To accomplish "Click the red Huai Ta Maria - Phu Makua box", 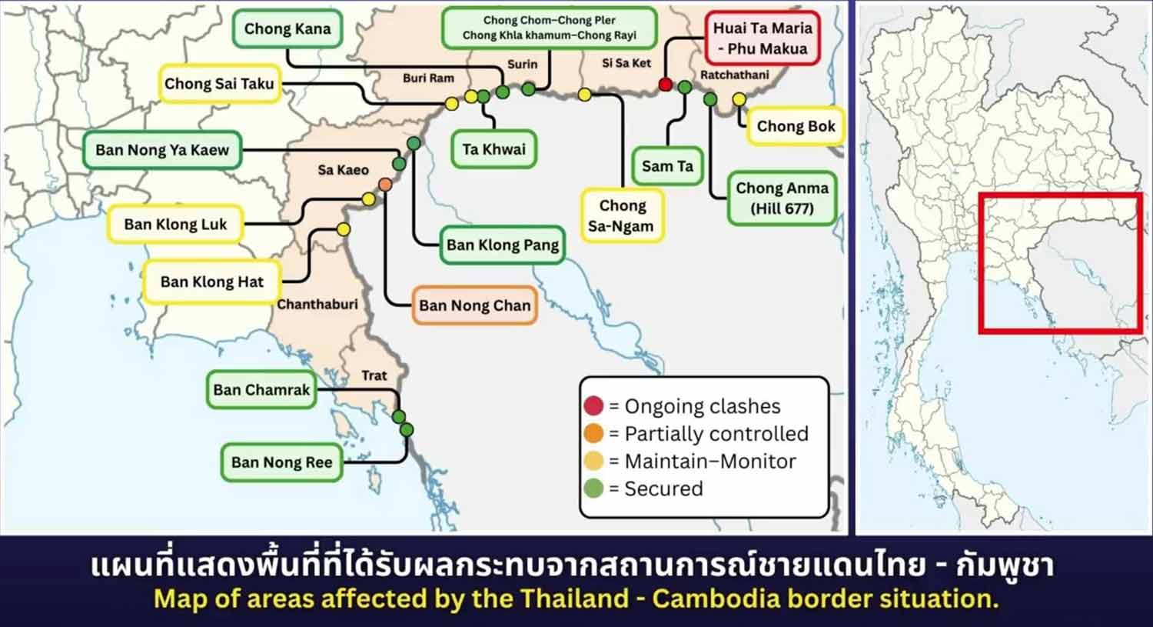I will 762,38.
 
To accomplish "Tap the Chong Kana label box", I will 287,29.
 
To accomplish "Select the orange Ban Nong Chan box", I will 474,305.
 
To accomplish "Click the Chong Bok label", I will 796,126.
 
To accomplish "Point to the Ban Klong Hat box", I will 211,282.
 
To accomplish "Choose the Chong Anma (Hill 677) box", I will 782,198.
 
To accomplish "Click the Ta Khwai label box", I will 493,149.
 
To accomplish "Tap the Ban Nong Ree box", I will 281,462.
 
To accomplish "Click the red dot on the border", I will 666,84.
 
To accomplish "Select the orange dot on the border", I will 385,185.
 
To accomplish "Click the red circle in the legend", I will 593,405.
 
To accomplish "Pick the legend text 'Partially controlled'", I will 716,434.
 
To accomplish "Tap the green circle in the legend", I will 593,489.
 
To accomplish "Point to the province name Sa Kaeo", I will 343,170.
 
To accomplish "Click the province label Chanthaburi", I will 317,305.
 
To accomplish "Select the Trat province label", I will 374,375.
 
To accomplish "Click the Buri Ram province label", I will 428,78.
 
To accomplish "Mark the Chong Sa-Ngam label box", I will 622,215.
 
